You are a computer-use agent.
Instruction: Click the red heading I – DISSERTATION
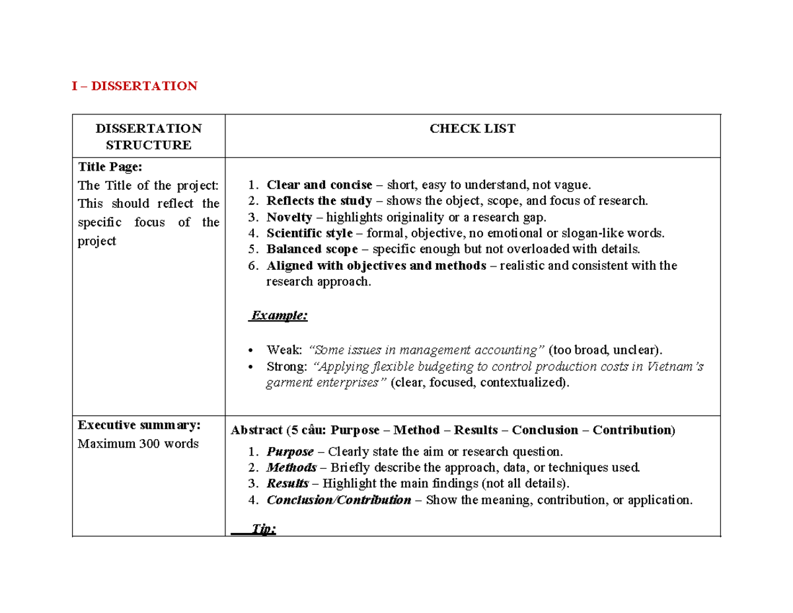[x=135, y=86]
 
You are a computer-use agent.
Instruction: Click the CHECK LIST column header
[x=472, y=129]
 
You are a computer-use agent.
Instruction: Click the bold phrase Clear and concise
[x=319, y=184]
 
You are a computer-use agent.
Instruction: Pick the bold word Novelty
[x=289, y=217]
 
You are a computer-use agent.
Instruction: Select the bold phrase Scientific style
[x=309, y=233]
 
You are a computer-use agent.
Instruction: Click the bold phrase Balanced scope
[x=312, y=249]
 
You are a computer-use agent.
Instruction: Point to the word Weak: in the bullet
[x=284, y=350]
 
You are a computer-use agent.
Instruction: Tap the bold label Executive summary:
[x=139, y=425]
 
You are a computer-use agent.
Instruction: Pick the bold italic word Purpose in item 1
[x=289, y=452]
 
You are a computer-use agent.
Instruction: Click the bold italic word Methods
[x=291, y=468]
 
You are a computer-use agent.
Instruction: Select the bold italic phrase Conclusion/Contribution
[x=338, y=500]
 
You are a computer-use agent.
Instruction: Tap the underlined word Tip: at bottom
[x=264, y=530]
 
